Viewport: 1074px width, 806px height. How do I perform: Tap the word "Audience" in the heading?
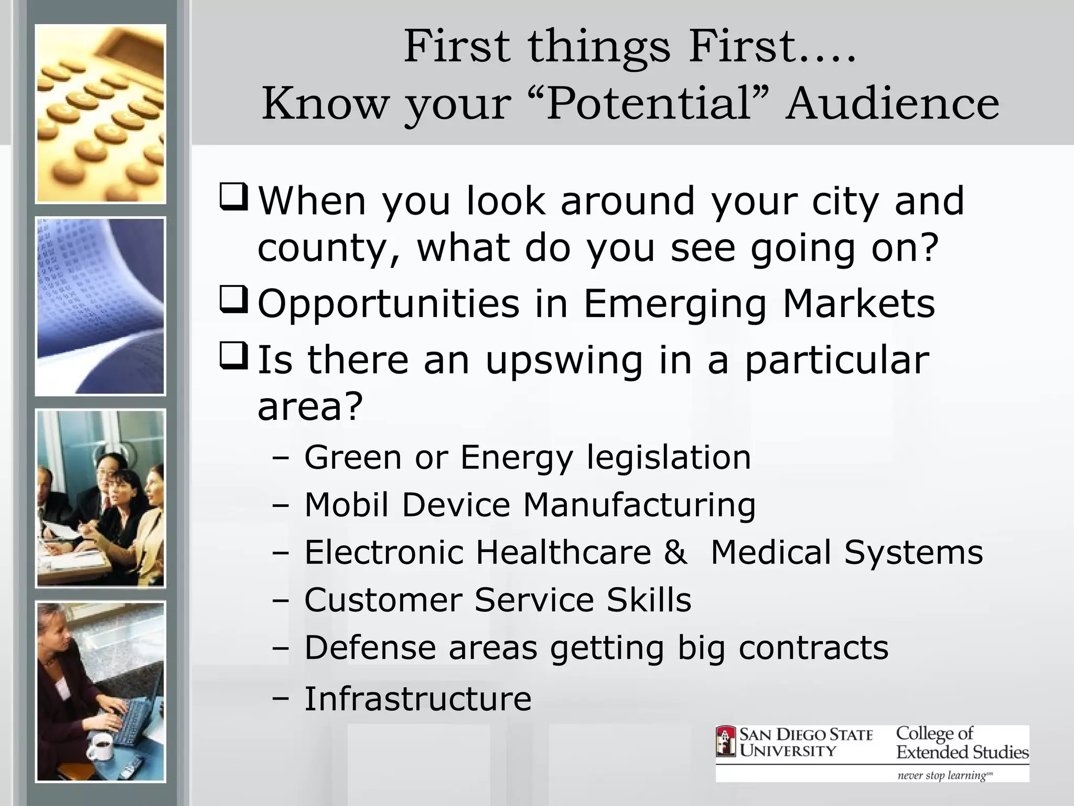pyautogui.click(x=892, y=103)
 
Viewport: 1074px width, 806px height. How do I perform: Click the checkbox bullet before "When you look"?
pyautogui.click(x=234, y=197)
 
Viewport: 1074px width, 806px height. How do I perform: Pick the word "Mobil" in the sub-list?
pyautogui.click(x=347, y=505)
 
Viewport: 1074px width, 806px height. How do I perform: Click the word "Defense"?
pyautogui.click(x=369, y=648)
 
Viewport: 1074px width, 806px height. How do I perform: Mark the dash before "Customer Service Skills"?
pyautogui.click(x=281, y=600)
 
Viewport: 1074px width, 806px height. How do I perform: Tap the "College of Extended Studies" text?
pyautogui.click(x=962, y=743)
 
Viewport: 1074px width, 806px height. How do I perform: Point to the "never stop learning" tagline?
pyautogui.click(x=944, y=775)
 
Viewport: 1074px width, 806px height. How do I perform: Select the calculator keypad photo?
pyautogui.click(x=100, y=114)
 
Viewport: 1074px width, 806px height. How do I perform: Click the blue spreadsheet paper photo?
pyautogui.click(x=100, y=306)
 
